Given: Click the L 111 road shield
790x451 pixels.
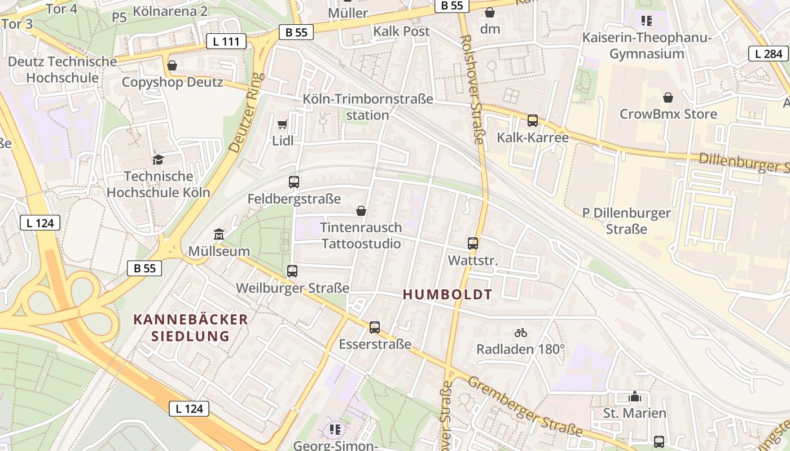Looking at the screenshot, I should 226,41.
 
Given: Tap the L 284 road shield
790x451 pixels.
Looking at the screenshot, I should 768,54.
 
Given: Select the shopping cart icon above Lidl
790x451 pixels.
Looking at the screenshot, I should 283,124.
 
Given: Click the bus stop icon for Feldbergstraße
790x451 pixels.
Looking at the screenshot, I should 294,182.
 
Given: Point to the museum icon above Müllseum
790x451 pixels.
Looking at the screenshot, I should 219,234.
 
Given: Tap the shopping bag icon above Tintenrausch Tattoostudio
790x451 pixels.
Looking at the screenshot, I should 361,211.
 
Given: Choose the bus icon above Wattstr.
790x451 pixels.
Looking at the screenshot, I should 473,244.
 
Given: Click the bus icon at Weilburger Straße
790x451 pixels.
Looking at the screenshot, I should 292,271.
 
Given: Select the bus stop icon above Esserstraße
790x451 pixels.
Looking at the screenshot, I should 375,327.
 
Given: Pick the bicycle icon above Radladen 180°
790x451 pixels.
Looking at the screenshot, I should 521,333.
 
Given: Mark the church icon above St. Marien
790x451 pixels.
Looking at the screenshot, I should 635,396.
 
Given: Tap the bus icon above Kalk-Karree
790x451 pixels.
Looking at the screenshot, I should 533,120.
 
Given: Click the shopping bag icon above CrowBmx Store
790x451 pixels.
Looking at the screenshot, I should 668,98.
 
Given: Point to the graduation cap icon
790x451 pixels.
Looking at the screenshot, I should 158,160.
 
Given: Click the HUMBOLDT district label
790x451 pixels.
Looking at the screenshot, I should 448,294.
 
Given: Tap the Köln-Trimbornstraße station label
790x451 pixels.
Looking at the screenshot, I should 368,107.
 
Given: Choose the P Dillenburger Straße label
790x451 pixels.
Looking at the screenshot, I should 626,221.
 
